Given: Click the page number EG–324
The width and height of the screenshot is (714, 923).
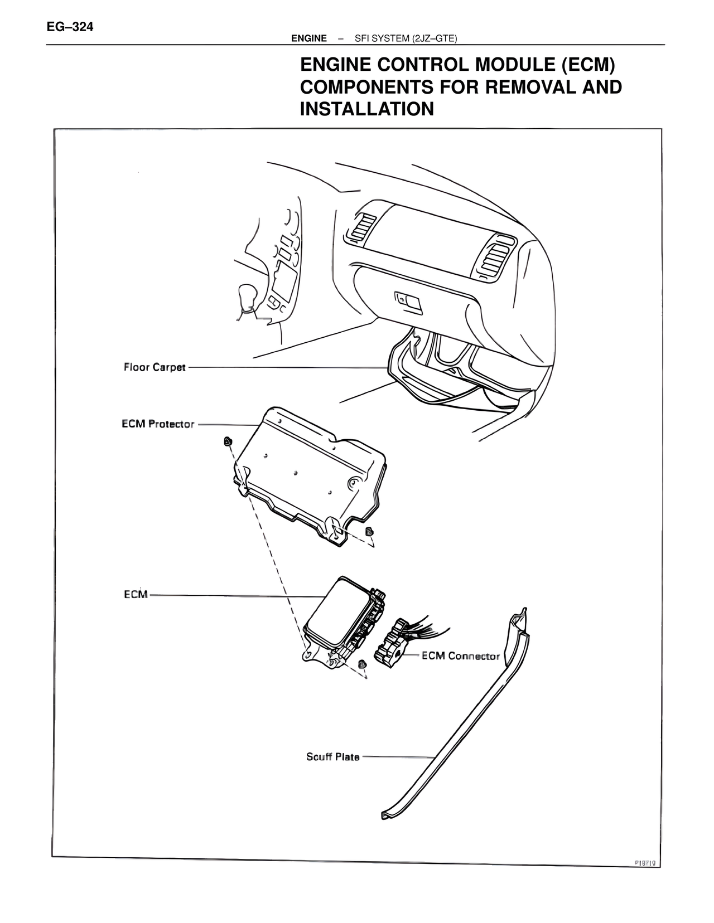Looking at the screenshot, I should pyautogui.click(x=70, y=27).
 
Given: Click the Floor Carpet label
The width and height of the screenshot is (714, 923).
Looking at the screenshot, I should pyautogui.click(x=155, y=367).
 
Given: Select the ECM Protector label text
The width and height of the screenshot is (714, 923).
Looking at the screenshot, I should pyautogui.click(x=158, y=424).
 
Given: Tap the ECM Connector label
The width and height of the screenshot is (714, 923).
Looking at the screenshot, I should pyautogui.click(x=460, y=656).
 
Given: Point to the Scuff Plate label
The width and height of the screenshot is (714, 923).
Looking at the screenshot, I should pyautogui.click(x=332, y=757).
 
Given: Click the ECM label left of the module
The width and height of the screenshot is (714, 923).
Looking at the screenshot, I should pyautogui.click(x=136, y=595).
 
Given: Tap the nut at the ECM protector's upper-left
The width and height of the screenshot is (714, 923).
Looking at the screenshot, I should pyautogui.click(x=228, y=441).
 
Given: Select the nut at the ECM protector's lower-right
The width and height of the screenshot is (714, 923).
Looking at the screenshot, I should pyautogui.click(x=369, y=531).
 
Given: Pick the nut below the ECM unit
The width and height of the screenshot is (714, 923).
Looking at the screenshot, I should pyautogui.click(x=361, y=663).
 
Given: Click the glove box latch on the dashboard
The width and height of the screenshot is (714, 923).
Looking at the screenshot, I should pyautogui.click(x=409, y=300).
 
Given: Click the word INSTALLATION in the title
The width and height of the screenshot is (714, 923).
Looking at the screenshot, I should pyautogui.click(x=366, y=109).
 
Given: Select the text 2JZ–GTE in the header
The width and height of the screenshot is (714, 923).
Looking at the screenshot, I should pyautogui.click(x=435, y=38).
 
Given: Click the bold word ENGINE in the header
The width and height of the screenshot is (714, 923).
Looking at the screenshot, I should pyautogui.click(x=309, y=38).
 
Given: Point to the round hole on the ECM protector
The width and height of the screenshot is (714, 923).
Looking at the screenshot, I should pyautogui.click(x=354, y=483).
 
